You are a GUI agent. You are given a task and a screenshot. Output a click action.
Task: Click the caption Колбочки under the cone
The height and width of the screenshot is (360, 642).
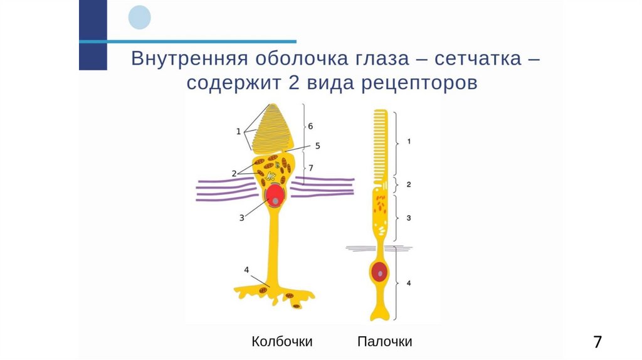pos(282,342)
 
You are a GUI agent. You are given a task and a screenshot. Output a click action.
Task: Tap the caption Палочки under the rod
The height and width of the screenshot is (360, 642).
pos(384,342)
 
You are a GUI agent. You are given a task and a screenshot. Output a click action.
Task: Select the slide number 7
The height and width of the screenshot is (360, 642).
pos(597,342)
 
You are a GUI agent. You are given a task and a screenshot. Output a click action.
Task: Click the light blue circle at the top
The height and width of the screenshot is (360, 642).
pos(139,17)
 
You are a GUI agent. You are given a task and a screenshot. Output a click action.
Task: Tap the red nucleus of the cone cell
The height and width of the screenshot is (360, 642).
pos(275,196)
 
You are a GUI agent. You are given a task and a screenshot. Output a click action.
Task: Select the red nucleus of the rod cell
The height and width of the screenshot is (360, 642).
pos(379,273)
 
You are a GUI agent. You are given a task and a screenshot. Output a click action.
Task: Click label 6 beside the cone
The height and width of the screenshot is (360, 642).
pos(310,125)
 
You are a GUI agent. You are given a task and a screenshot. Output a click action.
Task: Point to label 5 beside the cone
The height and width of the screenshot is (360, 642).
pos(317,146)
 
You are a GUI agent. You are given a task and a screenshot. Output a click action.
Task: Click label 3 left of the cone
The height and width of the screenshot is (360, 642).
pos(242,217)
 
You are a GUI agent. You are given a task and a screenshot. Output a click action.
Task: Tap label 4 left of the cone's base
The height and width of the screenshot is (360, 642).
pos(247,270)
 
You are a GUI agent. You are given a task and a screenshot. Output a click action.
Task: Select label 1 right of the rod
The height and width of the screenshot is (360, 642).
pos(409,142)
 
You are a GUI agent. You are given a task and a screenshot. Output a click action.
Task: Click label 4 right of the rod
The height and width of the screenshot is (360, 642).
pos(409,283)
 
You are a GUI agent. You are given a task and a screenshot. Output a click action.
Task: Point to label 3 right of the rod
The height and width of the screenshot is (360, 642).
pos(409,218)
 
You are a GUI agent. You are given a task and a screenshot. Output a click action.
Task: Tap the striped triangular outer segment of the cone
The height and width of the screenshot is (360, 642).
pos(276,129)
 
